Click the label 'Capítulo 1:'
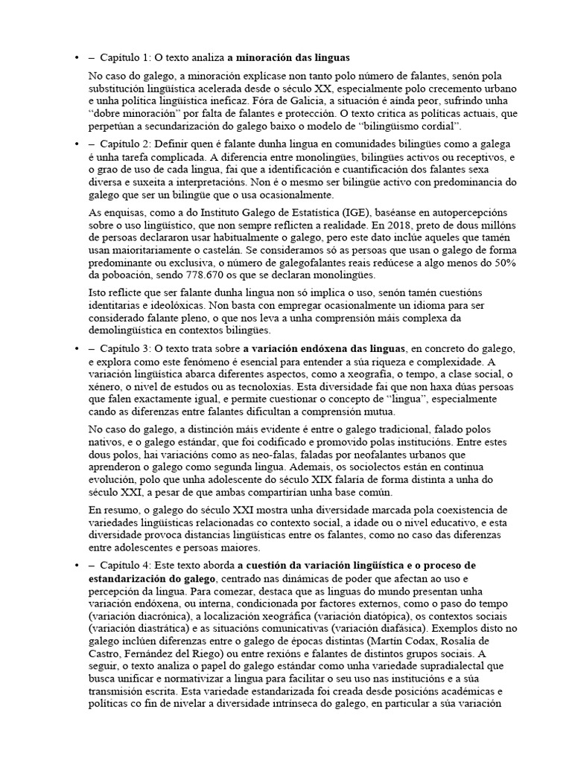click(125, 57)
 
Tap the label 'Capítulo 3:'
click(125, 349)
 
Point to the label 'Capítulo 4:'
click(125, 566)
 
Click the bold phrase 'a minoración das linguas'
click(289, 57)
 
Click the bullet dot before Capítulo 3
click(76, 349)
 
